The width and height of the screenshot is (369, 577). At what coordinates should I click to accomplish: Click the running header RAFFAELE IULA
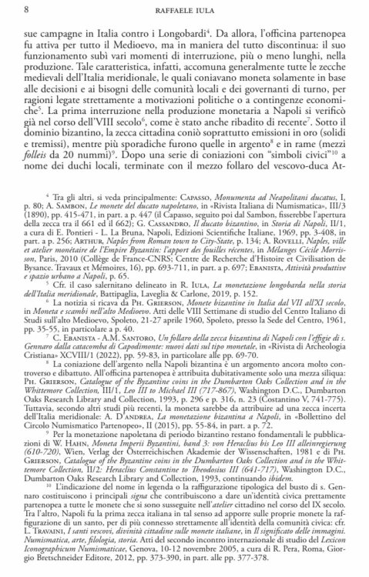(190, 10)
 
